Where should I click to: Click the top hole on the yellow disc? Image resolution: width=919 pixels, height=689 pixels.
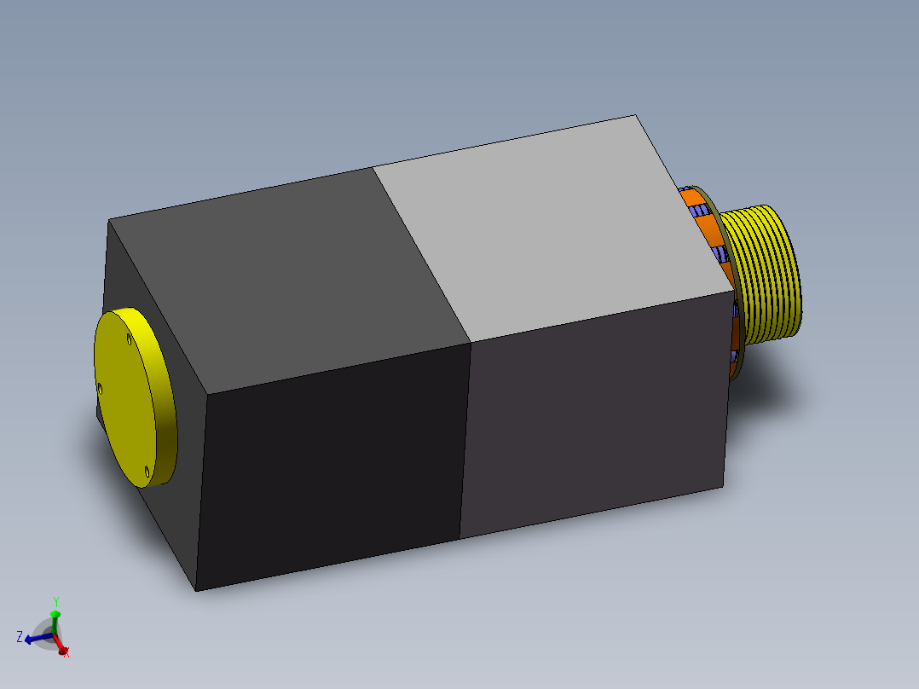pos(129,340)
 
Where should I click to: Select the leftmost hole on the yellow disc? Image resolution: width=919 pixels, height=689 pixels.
pos(100,389)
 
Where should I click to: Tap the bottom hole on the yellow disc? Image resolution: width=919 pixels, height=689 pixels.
pos(147,470)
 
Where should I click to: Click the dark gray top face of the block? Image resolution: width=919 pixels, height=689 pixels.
pos(290,273)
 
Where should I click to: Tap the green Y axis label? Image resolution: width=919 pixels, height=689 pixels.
pos(56,601)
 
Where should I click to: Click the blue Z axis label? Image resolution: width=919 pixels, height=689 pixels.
pos(19,636)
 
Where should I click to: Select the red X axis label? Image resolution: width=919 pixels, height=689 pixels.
pos(66,653)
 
